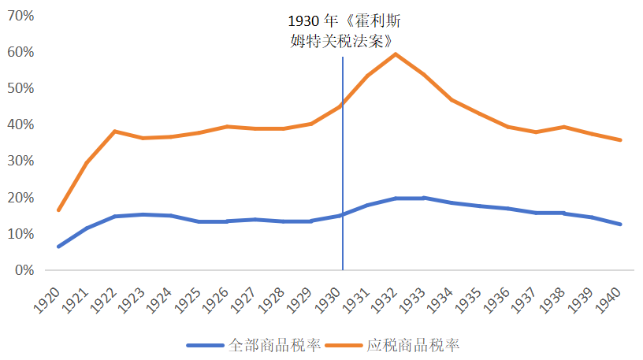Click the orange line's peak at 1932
click(396, 54)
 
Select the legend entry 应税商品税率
click(403, 345)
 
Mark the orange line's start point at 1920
click(58, 210)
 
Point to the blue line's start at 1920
click(58, 247)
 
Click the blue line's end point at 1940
click(620, 225)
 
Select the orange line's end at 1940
click(620, 140)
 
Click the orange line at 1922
click(115, 132)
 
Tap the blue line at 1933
click(424, 198)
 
